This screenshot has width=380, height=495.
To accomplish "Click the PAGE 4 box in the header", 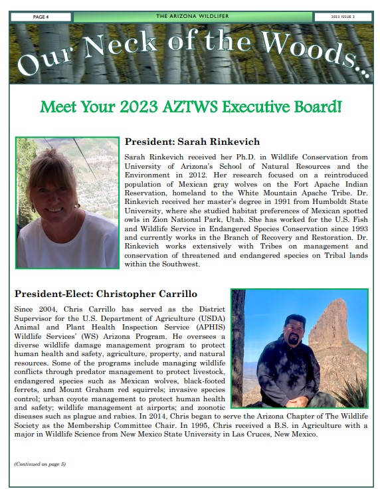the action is coord(41,17).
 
